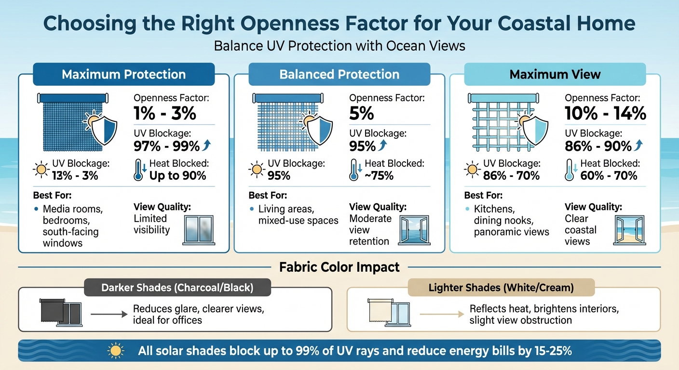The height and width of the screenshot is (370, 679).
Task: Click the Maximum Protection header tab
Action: [x=124, y=74]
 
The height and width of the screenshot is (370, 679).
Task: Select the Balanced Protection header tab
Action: [x=339, y=74]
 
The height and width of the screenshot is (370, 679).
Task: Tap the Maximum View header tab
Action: [x=555, y=74]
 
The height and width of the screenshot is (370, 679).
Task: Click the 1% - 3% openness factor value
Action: [x=164, y=113]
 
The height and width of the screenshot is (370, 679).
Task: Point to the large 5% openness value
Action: [x=362, y=113]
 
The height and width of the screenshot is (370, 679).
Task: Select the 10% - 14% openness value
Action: [x=605, y=113]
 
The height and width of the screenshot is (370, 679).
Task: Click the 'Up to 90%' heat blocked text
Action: [x=177, y=176]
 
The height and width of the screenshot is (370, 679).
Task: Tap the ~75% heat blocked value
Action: [x=379, y=176]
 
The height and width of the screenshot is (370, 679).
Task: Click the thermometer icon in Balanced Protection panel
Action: [x=354, y=170]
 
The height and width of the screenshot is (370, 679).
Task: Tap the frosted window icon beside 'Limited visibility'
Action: [x=199, y=230]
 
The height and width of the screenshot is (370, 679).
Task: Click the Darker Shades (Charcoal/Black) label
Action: [x=177, y=288]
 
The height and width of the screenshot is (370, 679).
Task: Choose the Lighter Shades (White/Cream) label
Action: [x=502, y=288]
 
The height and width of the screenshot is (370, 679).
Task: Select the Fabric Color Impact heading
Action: [x=339, y=266]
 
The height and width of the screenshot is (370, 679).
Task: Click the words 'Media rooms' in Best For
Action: [x=73, y=210]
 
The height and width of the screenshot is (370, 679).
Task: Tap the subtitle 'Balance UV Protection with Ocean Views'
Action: [x=339, y=46]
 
